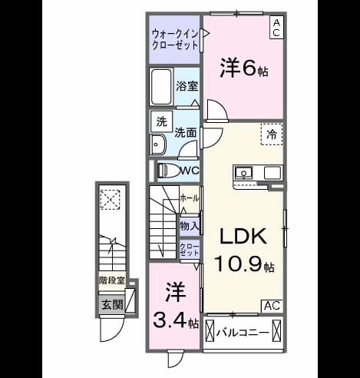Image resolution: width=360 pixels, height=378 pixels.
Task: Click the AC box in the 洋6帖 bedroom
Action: click(277, 28)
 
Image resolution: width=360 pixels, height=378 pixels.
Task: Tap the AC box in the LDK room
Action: click(272, 306)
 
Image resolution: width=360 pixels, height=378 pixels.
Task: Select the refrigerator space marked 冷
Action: click(272, 134)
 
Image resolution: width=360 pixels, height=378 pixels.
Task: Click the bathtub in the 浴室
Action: click(161, 87)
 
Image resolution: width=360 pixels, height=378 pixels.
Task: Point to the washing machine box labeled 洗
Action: click(161, 121)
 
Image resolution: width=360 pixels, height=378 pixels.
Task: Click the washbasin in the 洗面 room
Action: click(158, 144)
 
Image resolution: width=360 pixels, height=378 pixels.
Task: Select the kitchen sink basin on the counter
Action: click(243, 172)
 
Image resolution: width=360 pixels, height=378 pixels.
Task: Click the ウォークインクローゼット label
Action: click(175, 40)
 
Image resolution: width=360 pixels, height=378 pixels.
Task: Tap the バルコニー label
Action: click(243, 333)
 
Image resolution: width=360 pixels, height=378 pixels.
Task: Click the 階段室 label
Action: click(112, 280)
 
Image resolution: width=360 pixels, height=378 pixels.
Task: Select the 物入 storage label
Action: click(190, 226)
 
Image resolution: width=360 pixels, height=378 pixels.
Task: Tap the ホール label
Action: click(190, 198)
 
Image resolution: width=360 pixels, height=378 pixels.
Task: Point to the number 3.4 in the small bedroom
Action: click(170, 320)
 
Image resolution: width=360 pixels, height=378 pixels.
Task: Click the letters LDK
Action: click(243, 236)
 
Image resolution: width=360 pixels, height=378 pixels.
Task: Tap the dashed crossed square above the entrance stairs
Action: click(110, 200)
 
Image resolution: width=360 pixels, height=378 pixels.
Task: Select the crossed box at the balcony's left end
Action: click(210, 330)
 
